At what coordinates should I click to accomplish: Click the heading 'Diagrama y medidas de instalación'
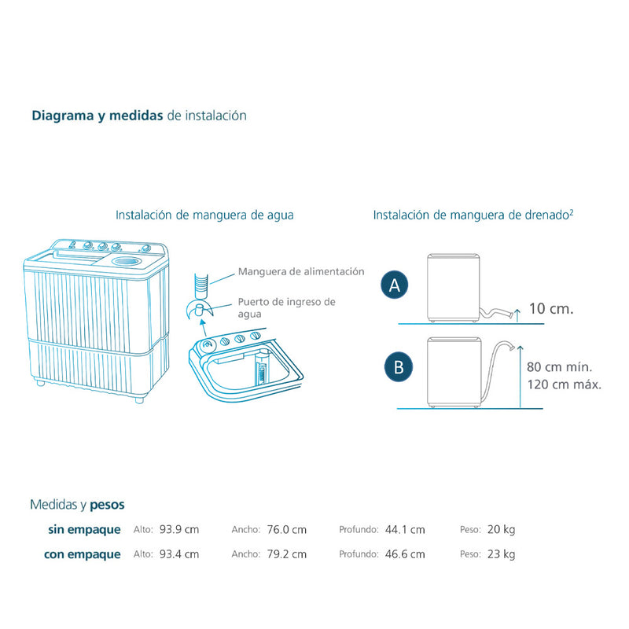click(x=139, y=116)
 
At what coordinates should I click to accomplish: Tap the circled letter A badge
click(x=395, y=286)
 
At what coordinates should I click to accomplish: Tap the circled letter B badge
click(x=399, y=366)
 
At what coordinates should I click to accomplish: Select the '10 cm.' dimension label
click(x=550, y=308)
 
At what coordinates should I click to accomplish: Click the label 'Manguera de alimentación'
click(x=302, y=271)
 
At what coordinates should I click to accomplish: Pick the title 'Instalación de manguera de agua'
click(x=204, y=215)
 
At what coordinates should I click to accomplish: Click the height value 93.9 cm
click(x=179, y=530)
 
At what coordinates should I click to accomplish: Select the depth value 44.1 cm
click(x=405, y=530)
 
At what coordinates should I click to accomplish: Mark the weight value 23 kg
click(x=502, y=554)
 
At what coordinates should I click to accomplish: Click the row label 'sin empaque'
click(x=84, y=530)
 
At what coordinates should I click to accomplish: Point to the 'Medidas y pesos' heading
click(x=77, y=504)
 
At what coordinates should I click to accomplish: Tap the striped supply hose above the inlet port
click(x=203, y=279)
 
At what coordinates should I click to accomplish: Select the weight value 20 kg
click(x=502, y=530)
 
